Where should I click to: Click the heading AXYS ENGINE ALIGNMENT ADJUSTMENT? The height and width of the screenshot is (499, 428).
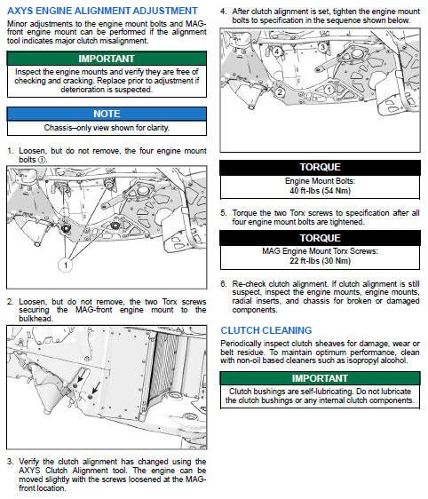102,11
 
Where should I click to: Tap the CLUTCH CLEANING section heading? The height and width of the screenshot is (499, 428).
266,330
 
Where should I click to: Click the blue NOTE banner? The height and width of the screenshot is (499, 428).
107,114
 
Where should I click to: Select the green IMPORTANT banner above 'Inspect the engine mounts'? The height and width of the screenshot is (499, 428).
107,59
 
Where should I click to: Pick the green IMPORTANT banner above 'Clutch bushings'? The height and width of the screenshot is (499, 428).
320,378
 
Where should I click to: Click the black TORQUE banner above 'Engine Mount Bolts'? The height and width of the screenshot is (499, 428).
320,168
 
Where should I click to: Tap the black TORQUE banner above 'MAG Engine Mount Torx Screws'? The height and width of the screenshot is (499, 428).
320,238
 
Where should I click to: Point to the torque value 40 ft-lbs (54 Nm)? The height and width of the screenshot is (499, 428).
320,191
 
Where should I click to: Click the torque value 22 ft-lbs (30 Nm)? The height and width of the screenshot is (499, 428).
320,261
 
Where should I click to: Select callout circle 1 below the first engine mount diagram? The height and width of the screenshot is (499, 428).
65,265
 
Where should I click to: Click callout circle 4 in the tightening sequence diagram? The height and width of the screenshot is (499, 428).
277,51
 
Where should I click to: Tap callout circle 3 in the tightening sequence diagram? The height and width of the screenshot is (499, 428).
322,47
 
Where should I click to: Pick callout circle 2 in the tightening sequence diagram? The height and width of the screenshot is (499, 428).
280,92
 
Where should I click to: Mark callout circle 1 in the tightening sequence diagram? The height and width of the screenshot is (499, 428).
329,90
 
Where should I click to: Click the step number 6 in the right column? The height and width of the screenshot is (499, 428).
223,283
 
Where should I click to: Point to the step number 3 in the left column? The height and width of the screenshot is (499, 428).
10,461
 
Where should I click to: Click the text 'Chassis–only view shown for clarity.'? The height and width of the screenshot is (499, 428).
107,128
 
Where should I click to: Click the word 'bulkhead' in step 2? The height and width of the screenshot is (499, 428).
35,319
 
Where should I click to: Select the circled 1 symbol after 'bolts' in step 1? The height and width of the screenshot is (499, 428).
42,160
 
